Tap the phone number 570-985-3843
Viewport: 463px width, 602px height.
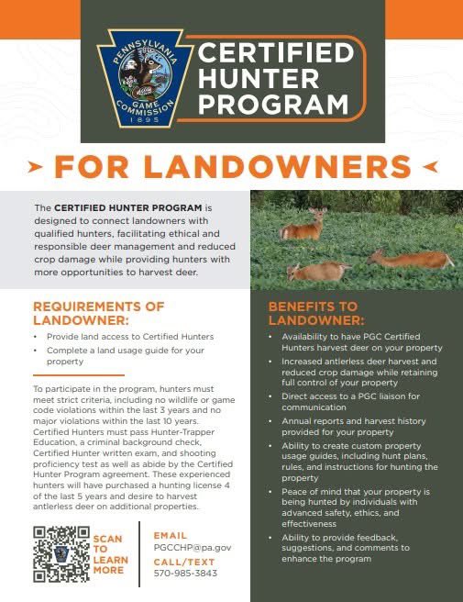click(186, 574)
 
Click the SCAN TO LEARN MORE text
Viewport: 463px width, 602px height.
click(108, 553)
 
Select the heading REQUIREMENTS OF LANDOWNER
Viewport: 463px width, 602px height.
click(98, 312)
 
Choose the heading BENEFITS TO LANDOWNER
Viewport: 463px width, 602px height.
click(316, 314)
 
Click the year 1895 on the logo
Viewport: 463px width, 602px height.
click(143, 119)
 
